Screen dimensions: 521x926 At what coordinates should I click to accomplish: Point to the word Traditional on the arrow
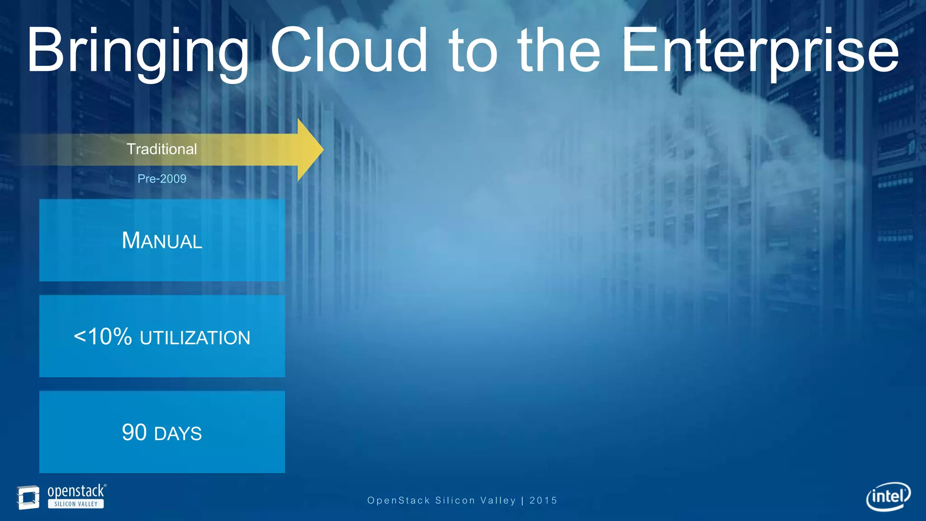tap(161, 149)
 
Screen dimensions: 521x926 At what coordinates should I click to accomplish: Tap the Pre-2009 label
tap(161, 179)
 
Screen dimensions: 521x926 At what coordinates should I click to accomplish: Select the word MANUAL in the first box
tap(161, 241)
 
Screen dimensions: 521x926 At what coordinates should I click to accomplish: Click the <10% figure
tap(103, 337)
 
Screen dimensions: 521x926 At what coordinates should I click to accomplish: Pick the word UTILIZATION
tap(195, 338)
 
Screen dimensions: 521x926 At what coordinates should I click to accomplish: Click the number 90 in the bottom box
tap(134, 432)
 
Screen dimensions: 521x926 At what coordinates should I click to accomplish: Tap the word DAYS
tap(178, 434)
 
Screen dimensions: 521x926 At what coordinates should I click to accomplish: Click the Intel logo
tap(888, 497)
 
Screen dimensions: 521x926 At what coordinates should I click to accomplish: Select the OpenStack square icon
tap(28, 497)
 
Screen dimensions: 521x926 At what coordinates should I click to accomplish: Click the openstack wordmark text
tap(76, 491)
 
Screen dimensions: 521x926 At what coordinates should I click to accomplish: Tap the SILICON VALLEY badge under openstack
tap(76, 504)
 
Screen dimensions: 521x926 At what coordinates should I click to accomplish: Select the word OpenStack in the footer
tap(398, 501)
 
